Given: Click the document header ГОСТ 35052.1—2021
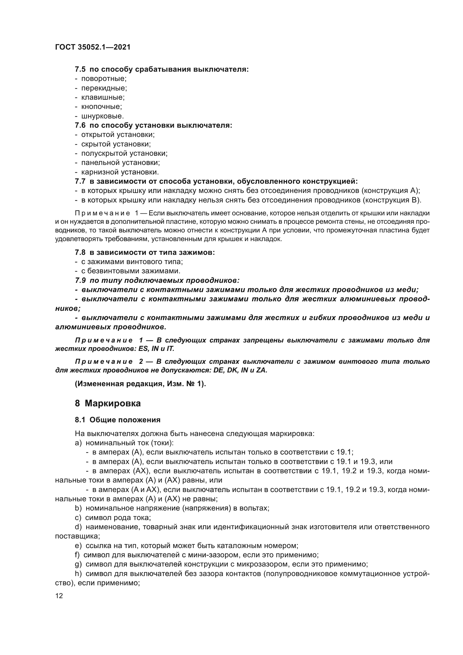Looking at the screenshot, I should (x=93, y=47).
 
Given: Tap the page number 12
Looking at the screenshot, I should (x=59, y=596).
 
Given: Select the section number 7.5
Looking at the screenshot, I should (x=80, y=69).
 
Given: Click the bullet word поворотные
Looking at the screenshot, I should (x=104, y=78).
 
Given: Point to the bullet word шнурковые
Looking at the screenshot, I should (x=102, y=116).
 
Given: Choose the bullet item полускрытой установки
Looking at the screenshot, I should (x=124, y=153).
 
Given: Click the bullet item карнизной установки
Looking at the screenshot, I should (x=120, y=172).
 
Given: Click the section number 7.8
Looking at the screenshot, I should (x=80, y=253).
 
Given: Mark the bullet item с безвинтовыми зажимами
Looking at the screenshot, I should (x=130, y=271).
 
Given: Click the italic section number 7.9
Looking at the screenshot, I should (x=80, y=280).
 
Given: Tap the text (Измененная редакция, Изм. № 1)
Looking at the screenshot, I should (x=140, y=384).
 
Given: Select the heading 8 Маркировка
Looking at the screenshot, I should (x=108, y=403).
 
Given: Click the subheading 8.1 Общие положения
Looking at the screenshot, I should (x=118, y=420).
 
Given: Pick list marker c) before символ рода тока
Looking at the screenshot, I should (x=78, y=518).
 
